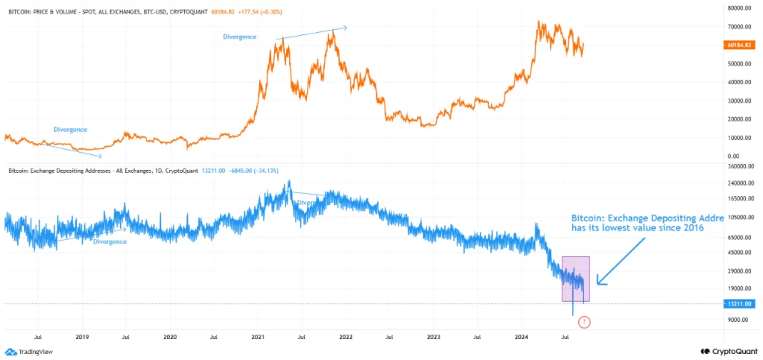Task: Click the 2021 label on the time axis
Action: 258,337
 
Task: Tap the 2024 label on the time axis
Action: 522,337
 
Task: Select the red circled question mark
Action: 584,322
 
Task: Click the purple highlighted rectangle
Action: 575,279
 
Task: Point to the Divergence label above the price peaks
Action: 240,37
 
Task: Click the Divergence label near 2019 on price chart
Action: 71,129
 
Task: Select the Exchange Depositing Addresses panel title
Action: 104,171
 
